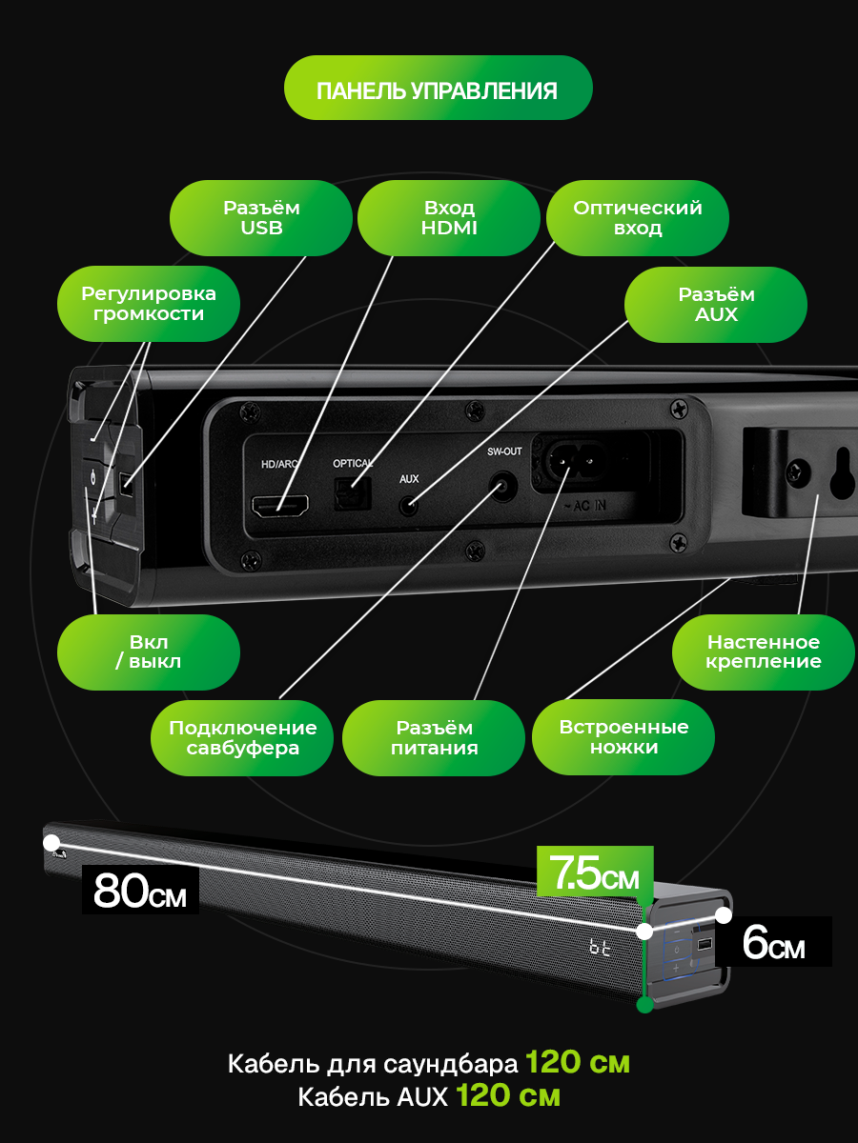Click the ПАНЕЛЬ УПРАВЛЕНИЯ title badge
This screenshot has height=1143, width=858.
point(438,89)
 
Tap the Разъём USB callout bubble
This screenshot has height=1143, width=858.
point(261,218)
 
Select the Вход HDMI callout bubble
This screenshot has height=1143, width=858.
point(448,218)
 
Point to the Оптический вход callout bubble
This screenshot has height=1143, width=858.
point(637,218)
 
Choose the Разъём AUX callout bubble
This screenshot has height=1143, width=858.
point(715,304)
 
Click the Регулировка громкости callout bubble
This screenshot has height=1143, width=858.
point(148,303)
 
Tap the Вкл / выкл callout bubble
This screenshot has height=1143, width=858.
point(148,652)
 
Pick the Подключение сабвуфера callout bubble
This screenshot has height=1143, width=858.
point(242,737)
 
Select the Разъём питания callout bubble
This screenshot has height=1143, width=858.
point(433,737)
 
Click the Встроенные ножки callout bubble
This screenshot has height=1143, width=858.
point(623,737)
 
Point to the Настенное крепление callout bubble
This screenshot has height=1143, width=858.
point(763,652)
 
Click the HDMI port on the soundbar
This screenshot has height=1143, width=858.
point(279,506)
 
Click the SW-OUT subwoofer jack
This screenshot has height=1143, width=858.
point(501,487)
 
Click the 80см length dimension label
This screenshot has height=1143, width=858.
point(140,891)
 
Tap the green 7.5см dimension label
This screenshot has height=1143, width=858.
point(588,872)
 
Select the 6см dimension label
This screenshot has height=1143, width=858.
point(773,943)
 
